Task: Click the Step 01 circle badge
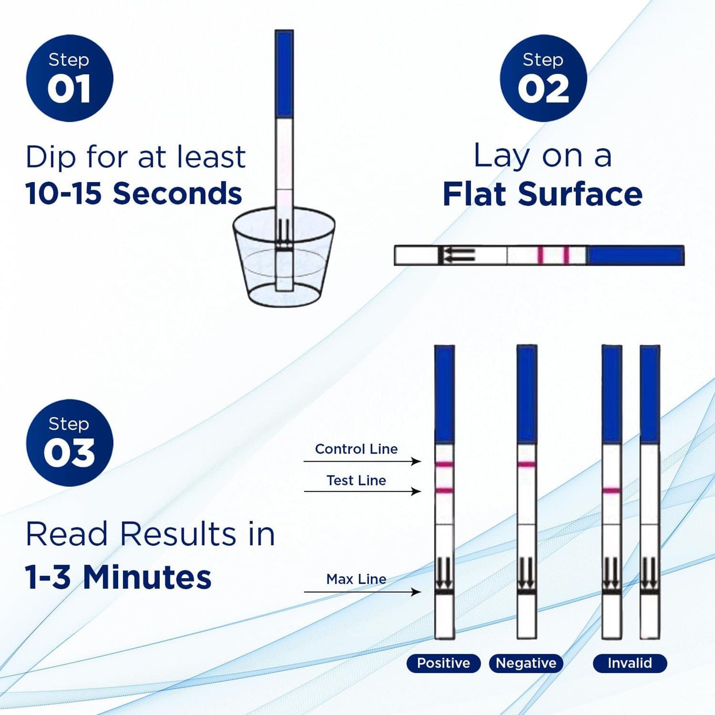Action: click(x=69, y=78)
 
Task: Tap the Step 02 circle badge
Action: click(x=543, y=78)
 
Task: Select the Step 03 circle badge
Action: click(x=69, y=443)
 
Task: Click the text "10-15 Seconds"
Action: click(x=134, y=193)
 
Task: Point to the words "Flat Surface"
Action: click(x=542, y=194)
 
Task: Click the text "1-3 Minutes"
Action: click(x=118, y=578)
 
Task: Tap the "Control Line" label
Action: click(x=356, y=449)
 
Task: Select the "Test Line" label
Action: click(x=356, y=480)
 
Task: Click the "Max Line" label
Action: click(x=356, y=579)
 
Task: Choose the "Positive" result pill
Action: click(x=443, y=663)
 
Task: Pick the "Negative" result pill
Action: click(x=526, y=663)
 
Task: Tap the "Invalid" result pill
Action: click(x=630, y=663)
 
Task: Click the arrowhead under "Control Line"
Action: click(x=417, y=462)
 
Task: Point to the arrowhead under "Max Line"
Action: click(x=417, y=592)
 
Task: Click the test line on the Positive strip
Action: click(x=444, y=490)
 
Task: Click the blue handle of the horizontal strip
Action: click(x=635, y=255)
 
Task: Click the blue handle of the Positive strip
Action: click(x=444, y=394)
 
